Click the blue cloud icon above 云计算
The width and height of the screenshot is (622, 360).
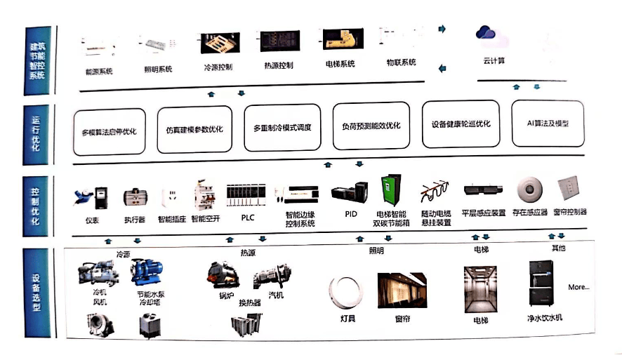tap(486, 33)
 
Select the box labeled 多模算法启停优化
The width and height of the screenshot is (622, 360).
tap(109, 131)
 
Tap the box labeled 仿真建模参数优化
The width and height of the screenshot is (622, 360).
tap(194, 130)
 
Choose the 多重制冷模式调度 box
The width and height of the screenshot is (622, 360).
tap(282, 128)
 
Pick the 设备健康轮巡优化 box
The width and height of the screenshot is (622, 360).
tap(461, 124)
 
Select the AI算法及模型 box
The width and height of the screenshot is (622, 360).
tap(548, 123)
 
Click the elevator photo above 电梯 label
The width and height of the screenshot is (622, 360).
tap(480, 288)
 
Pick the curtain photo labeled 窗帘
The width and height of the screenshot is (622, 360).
tap(402, 292)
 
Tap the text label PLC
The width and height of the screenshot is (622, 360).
tap(247, 218)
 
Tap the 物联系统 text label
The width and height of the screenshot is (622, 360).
tap(401, 62)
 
